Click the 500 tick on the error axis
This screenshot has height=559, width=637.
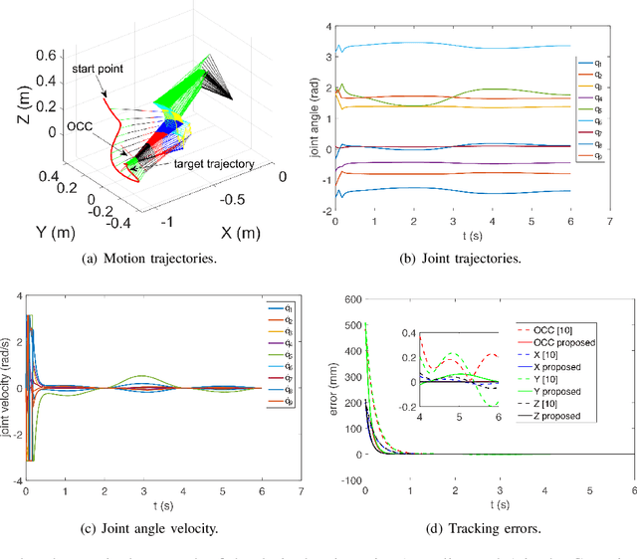[347, 325]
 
